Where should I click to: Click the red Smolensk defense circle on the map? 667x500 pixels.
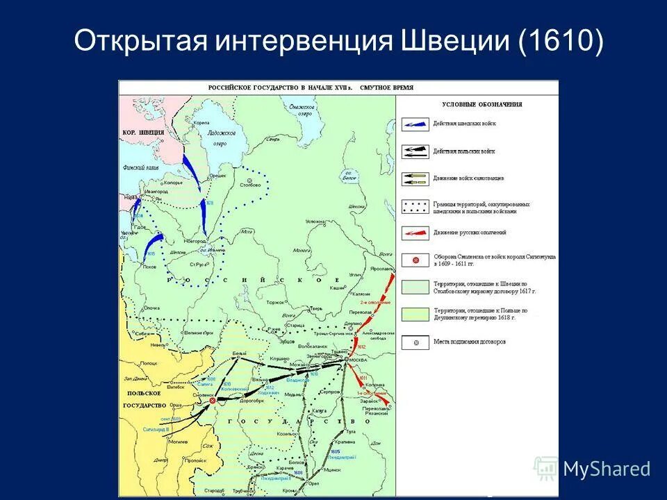tap(213, 400)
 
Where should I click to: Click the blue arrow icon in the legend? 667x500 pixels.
tap(415, 124)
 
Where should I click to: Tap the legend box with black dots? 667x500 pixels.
tap(415, 206)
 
